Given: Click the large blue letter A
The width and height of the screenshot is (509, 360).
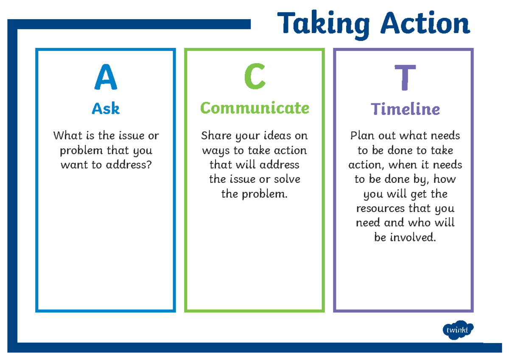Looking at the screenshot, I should (106, 78).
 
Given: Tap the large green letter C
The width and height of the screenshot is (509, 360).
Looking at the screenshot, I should (255, 78).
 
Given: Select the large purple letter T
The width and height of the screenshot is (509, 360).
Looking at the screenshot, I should (405, 78).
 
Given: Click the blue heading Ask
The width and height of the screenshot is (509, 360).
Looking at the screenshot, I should (106, 109).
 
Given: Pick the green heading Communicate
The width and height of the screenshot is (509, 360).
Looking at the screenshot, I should (255, 108).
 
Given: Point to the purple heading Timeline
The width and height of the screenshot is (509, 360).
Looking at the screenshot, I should (405, 109).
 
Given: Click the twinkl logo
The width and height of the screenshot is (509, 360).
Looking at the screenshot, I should (458, 330).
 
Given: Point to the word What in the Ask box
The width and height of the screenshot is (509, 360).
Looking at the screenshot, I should (66, 136).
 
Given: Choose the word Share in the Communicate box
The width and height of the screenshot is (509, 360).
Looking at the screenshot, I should (214, 136).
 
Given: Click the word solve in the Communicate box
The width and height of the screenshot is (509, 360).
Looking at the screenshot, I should (286, 179).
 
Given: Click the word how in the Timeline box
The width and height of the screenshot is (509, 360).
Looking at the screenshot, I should (445, 179).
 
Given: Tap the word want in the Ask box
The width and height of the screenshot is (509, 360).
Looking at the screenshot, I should (73, 165).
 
